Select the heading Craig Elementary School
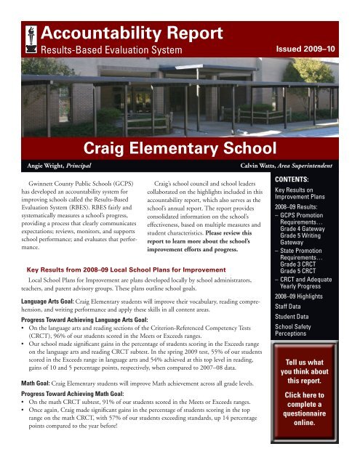tap(178, 149)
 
